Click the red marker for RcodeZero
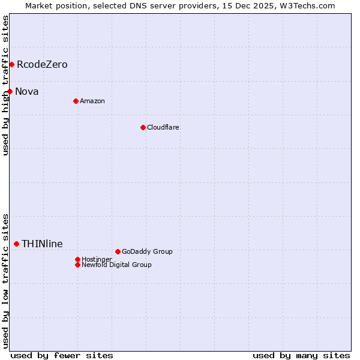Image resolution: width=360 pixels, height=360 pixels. click(x=11, y=64)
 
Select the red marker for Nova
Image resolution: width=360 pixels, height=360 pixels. click(x=10, y=91)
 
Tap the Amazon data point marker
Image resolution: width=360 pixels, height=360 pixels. click(x=76, y=101)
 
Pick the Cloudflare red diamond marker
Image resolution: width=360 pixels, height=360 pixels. click(x=143, y=127)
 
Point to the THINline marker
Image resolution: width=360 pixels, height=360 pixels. click(x=16, y=244)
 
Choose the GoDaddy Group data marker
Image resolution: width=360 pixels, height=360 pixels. click(x=118, y=251)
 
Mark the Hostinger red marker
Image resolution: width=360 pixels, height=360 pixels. click(x=77, y=259)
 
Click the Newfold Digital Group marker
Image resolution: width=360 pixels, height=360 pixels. click(x=77, y=265)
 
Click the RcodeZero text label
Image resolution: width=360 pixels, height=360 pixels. click(x=42, y=64)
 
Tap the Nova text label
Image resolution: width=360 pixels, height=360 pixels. click(x=27, y=91)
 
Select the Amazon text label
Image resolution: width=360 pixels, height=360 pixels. click(x=92, y=101)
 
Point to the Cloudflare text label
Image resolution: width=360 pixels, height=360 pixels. click(x=163, y=127)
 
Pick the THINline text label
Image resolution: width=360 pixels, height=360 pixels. click(x=42, y=244)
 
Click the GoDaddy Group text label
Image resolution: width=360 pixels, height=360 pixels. click(x=147, y=251)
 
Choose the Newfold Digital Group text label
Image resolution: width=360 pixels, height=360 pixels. click(x=116, y=265)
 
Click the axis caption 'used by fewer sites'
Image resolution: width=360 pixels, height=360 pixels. click(x=62, y=355)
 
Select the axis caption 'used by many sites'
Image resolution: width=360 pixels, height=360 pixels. click(x=301, y=355)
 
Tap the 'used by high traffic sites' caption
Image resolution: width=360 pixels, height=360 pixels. click(x=5, y=85)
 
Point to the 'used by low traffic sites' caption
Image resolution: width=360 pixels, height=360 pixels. click(x=5, y=280)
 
